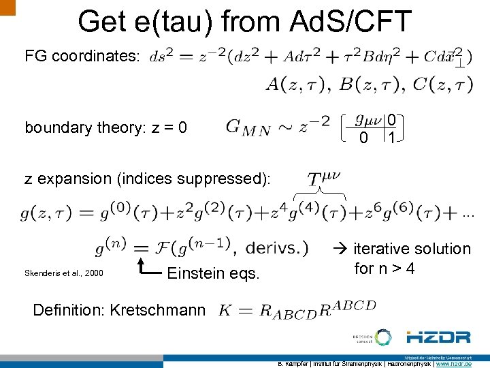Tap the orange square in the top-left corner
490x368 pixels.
click(7, 7)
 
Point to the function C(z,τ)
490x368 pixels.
click(440, 85)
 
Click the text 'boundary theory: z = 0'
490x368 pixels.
click(106, 127)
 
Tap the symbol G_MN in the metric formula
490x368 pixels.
click(248, 127)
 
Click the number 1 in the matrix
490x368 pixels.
click(391, 138)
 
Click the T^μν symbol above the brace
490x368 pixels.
click(324, 180)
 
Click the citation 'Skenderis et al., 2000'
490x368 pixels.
click(65, 273)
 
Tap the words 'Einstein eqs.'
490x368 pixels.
click(213, 273)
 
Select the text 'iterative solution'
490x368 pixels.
click(412, 249)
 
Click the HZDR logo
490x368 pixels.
click(438, 337)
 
